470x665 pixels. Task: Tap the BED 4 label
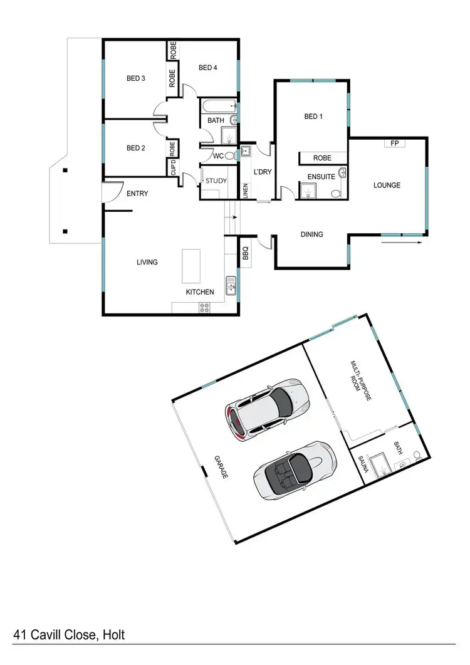coord(207,68)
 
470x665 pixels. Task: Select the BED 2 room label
coord(135,148)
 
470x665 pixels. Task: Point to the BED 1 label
coord(313,116)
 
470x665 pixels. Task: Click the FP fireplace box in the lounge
coord(394,144)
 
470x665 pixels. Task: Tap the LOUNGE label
coord(387,185)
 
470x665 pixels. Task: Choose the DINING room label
coord(311,234)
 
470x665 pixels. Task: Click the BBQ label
coord(246,253)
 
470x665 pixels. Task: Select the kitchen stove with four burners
coord(205,307)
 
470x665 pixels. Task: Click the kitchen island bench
coord(191,265)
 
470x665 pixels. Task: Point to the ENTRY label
coord(137,194)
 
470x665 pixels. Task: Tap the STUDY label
coord(217,181)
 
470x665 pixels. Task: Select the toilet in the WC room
coord(229,155)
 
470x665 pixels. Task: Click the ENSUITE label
coord(320,177)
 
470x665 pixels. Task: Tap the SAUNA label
coord(362,466)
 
